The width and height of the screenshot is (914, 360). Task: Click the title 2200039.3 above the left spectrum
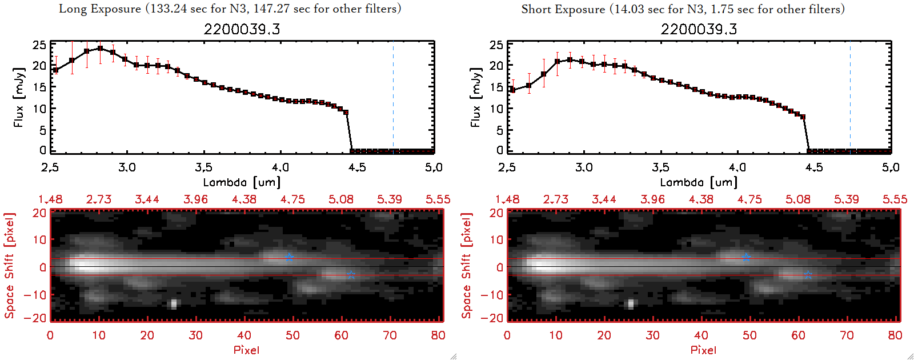pyautogui.click(x=242, y=29)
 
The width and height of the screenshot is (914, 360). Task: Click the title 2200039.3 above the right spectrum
pyautogui.click(x=699, y=29)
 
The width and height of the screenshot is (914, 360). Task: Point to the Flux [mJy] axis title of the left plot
pyautogui.click(x=19, y=97)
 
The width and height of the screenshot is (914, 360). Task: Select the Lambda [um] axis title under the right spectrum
pyautogui.click(x=699, y=182)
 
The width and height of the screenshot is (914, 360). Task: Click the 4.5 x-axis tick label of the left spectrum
pyautogui.click(x=357, y=167)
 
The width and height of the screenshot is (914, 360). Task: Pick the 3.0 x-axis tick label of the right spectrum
pyautogui.click(x=584, y=167)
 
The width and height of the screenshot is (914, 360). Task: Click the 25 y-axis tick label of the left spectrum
pyautogui.click(x=39, y=45)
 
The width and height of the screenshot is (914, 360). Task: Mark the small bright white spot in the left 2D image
pyautogui.click(x=174, y=303)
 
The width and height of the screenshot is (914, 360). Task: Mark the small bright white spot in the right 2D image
pyautogui.click(x=631, y=303)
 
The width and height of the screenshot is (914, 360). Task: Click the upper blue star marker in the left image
pyautogui.click(x=290, y=258)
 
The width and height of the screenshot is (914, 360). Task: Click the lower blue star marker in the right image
pyautogui.click(x=808, y=275)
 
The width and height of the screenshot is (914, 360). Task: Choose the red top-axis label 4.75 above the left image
pyautogui.click(x=292, y=199)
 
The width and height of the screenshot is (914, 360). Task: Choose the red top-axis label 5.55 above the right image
pyautogui.click(x=895, y=199)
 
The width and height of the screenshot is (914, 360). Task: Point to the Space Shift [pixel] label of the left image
pyautogui.click(x=10, y=266)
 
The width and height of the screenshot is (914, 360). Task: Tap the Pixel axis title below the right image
pyautogui.click(x=703, y=350)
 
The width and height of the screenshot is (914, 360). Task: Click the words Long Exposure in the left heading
pyautogui.click(x=99, y=9)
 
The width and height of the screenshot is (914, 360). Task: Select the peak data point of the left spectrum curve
pyautogui.click(x=100, y=49)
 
